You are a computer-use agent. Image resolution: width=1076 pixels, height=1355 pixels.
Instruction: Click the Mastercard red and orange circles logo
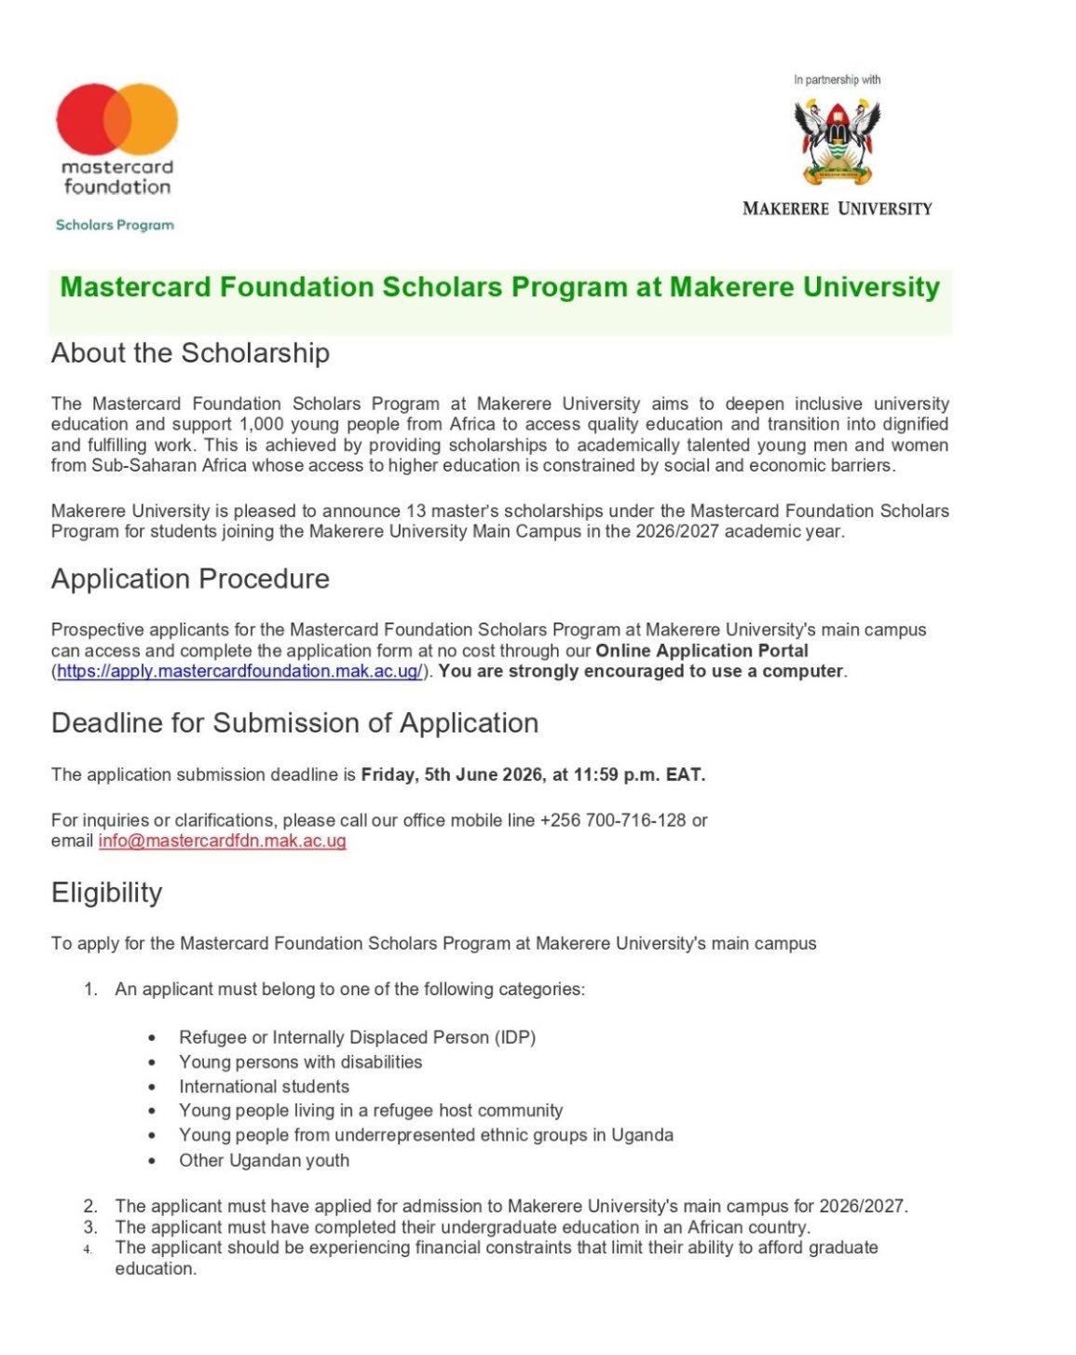[116, 119]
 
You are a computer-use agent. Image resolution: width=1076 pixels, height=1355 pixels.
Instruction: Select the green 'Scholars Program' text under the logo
[115, 225]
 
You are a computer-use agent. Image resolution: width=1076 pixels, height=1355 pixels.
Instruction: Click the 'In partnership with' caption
[837, 80]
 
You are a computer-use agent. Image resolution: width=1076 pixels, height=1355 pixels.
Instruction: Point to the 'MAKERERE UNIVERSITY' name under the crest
[837, 209]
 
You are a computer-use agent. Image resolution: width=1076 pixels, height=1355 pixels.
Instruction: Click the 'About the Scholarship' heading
[190, 353]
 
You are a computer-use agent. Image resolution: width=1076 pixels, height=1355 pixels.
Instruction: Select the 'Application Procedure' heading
[190, 579]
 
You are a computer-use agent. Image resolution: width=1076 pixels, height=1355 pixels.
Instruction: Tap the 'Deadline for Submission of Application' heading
[294, 723]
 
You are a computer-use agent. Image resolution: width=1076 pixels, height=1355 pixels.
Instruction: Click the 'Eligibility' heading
[106, 893]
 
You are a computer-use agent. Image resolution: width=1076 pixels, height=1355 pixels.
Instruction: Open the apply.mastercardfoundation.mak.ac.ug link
[239, 671]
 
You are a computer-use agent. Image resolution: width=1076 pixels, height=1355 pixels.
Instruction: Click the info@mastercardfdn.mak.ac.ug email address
[222, 841]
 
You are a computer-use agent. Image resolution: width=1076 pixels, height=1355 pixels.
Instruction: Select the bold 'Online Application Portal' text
[701, 650]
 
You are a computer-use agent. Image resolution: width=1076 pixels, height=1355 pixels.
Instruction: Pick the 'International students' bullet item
[264, 1087]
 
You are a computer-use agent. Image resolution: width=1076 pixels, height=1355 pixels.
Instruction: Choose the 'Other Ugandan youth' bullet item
[264, 1160]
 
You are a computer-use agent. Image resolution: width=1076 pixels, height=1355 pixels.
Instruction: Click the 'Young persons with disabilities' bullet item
[300, 1062]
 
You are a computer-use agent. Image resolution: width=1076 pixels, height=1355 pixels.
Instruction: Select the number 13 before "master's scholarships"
[416, 511]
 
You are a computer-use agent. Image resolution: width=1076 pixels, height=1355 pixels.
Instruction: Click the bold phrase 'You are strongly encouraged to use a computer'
[641, 671]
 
